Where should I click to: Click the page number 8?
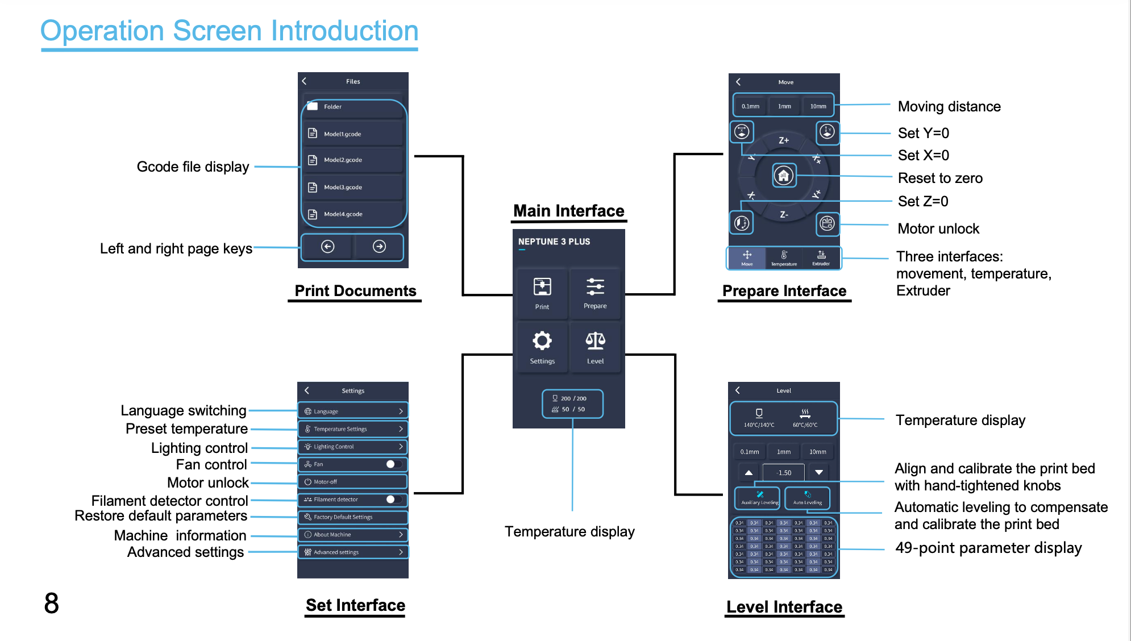(51, 603)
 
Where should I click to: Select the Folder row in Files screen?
(352, 107)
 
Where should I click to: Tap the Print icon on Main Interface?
(542, 287)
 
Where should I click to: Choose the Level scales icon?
(595, 340)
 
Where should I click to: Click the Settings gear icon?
(542, 340)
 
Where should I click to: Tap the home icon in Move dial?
(784, 176)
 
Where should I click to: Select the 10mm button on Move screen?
(818, 106)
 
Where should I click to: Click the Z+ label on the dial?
(784, 140)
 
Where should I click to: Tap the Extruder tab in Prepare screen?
(821, 258)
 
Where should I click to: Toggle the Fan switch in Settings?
(393, 464)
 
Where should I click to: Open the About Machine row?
(353, 535)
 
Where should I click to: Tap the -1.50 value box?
(784, 473)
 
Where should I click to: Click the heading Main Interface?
(568, 211)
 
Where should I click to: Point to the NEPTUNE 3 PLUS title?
(554, 242)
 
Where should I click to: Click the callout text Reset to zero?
(940, 178)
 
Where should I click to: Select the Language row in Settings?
(353, 411)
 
